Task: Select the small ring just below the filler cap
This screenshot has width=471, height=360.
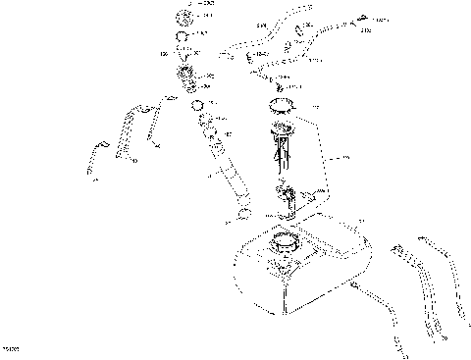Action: pyautogui.click(x=183, y=40)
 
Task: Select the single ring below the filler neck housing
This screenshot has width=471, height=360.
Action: pyautogui.click(x=197, y=105)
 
